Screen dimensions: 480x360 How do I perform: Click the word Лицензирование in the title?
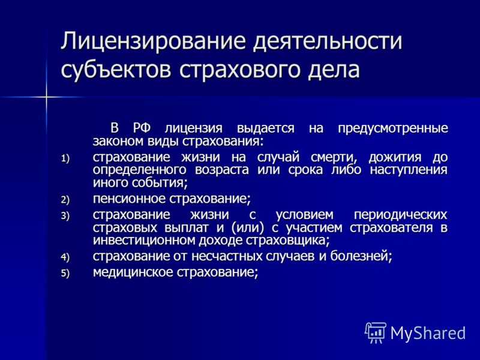click(x=153, y=41)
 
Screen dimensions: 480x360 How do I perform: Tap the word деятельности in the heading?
click(x=327, y=42)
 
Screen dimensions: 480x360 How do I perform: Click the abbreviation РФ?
click(x=142, y=128)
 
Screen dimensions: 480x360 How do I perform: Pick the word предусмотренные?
click(x=393, y=128)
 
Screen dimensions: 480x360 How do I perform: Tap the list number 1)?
click(x=65, y=158)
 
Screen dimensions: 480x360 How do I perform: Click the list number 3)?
click(x=65, y=216)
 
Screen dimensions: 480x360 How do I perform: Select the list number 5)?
click(x=65, y=273)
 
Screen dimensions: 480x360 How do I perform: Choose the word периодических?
click(x=400, y=215)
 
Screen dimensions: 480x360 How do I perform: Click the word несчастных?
click(x=226, y=256)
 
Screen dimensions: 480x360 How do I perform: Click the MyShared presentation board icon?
click(x=376, y=332)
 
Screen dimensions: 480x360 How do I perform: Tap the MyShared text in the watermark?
click(x=428, y=333)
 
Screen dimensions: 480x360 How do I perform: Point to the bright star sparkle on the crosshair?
click(x=47, y=97)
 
